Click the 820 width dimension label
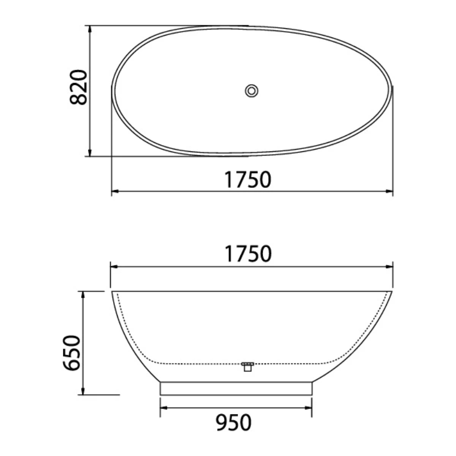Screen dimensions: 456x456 (x=78, y=87)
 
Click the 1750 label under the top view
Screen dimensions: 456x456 (x=248, y=180)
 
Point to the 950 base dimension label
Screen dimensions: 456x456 (x=233, y=423)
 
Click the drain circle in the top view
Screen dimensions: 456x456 (x=251, y=90)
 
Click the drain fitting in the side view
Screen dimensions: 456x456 (x=248, y=366)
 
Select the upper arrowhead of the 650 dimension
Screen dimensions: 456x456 (x=83, y=295)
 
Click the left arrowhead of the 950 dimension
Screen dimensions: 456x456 (x=163, y=407)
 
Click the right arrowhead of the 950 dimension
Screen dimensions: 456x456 (x=309, y=407)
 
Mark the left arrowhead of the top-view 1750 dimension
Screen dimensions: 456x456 (x=114, y=192)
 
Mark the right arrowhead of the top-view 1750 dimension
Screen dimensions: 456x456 (x=390, y=192)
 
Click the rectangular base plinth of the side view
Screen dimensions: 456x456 (x=236, y=389)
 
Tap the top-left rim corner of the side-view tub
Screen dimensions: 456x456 (x=112, y=291)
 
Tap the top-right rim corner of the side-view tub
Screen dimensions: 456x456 (x=392, y=291)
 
